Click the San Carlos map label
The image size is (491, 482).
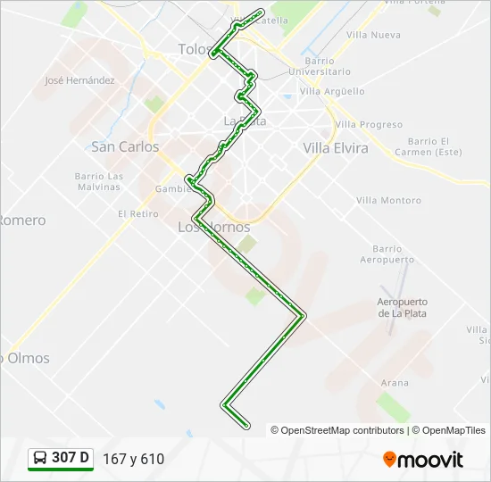coord(125,146)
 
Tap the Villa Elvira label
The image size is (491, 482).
coord(336,148)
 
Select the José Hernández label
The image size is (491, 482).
coord(79,80)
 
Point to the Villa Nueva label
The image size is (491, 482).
coord(373,35)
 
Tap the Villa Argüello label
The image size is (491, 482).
coord(332,91)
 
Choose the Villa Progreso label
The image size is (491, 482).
coord(370,125)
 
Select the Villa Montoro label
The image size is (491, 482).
coord(388,201)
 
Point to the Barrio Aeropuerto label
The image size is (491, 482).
coord(387,254)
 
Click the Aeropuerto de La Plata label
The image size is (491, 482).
coord(402,308)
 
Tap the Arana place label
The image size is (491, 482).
coord(395,383)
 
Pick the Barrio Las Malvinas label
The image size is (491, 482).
coord(98,181)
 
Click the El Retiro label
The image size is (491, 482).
coord(137,214)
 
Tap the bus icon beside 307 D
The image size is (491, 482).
coord(40,458)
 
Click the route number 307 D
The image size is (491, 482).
coord(71,458)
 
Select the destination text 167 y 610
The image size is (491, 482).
coord(134,459)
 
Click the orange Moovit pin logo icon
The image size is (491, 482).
coord(390,460)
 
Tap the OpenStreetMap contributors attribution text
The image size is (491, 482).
coord(343,430)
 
